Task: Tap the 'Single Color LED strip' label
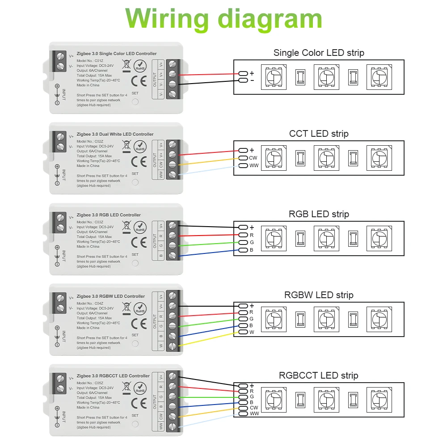[x=319, y=53]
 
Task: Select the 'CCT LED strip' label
[x=319, y=134]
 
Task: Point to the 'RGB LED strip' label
[x=319, y=214]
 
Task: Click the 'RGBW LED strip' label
[x=319, y=295]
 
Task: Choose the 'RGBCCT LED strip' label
[x=319, y=375]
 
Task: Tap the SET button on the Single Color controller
[x=135, y=102]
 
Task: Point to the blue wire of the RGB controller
[x=206, y=253]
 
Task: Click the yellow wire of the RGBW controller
[x=206, y=339]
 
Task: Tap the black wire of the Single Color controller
[x=206, y=82]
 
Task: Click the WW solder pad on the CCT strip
[x=243, y=166]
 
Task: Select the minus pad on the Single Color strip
[x=243, y=80]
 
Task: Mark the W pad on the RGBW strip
[x=243, y=332]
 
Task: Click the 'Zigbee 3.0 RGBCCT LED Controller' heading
[x=113, y=376]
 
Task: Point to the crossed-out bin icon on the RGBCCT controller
[x=127, y=388]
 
